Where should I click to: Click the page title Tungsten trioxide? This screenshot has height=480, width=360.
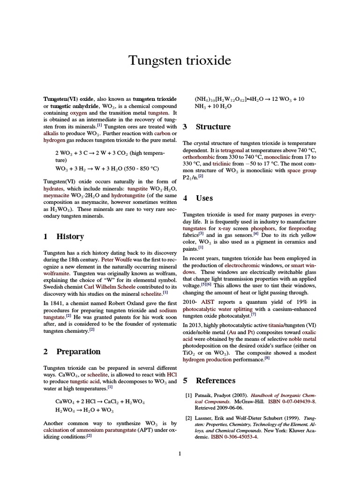coord(180,60)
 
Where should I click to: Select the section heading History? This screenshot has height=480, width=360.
coord(70,237)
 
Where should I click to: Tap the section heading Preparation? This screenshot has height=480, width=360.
coord(78,352)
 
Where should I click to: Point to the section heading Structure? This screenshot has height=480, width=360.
coord(213,127)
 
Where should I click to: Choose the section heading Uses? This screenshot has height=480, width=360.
coord(204,198)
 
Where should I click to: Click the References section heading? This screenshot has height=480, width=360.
coord(216,380)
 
